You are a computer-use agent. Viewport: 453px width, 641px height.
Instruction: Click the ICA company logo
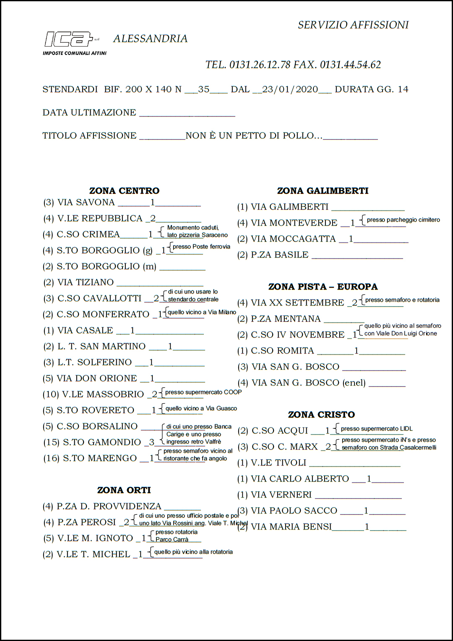[69, 39]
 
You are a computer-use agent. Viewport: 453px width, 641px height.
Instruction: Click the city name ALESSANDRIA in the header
[150, 39]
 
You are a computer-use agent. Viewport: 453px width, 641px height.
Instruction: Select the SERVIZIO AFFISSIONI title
[353, 25]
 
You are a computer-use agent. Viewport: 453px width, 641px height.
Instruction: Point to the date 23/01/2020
[290, 89]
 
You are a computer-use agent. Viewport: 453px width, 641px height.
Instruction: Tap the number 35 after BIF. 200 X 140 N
[204, 89]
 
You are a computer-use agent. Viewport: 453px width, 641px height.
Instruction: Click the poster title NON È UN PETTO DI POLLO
[254, 135]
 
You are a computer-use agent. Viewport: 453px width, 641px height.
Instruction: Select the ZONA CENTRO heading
[124, 191]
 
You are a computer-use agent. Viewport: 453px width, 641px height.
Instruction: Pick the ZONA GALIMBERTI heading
[323, 191]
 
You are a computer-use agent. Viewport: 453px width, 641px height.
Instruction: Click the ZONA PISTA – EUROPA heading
[323, 287]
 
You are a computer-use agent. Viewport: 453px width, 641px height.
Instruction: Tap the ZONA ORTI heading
[124, 490]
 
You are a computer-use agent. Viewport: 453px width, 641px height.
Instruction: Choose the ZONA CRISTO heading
[321, 415]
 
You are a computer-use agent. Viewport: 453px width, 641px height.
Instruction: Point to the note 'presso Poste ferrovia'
[201, 247]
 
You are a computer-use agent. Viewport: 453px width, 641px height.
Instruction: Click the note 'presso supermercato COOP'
[203, 392]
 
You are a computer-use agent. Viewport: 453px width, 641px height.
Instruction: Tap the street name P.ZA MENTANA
[286, 319]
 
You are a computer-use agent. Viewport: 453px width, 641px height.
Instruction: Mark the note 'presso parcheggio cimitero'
[403, 220]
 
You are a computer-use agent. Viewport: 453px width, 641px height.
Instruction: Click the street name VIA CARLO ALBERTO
[299, 479]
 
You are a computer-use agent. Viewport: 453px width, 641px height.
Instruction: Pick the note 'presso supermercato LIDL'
[377, 429]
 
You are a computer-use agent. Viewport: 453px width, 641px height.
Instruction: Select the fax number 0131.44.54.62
[350, 65]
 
